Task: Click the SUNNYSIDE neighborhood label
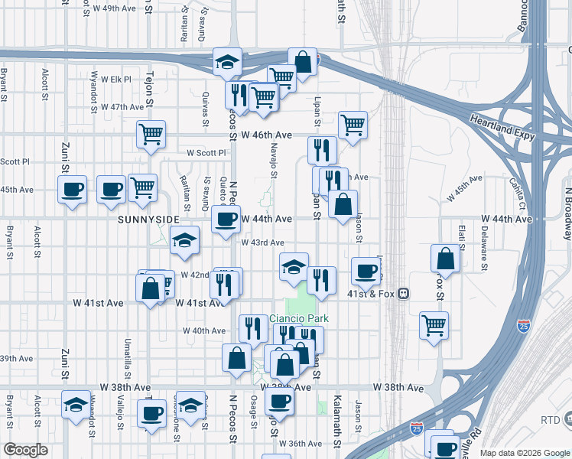point(148,219)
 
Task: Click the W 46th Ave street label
point(266,135)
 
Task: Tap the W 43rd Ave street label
point(263,243)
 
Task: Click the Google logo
point(25,451)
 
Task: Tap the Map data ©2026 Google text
point(525,453)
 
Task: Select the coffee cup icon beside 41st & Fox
point(366,271)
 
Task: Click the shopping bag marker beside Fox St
point(445,259)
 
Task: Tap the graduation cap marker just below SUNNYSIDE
point(184,241)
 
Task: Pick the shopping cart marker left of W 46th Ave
point(151,134)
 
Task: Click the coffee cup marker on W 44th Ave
point(226,219)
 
